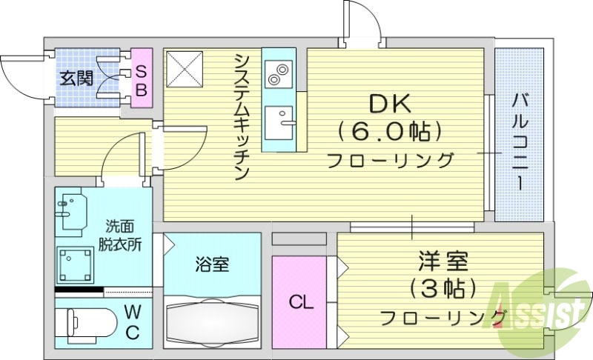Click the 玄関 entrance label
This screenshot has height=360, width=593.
pyautogui.click(x=76, y=77)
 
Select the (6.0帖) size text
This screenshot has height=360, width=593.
pyautogui.click(x=390, y=132)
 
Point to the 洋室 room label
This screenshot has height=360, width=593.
pyautogui.click(x=442, y=262)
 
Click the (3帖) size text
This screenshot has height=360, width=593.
pyautogui.click(x=442, y=289)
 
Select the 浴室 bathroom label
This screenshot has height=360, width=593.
pyautogui.click(x=212, y=264)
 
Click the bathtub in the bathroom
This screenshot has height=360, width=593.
pyautogui.click(x=212, y=323)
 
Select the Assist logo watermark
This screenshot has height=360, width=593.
pyautogui.click(x=541, y=305)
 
